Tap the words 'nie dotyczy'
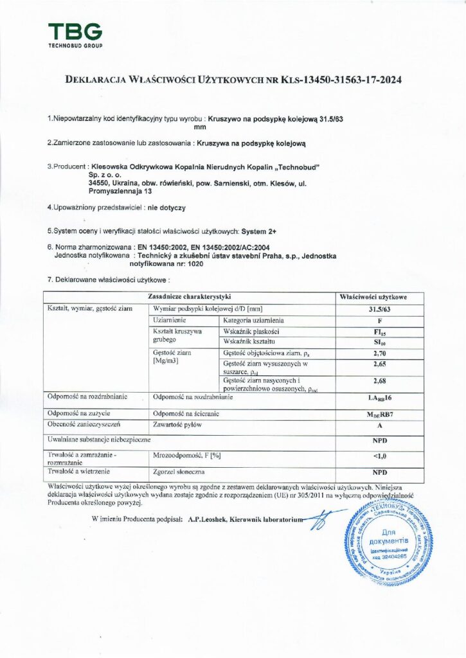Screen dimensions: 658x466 coord(166,208)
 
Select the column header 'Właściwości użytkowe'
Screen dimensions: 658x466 coord(382,297)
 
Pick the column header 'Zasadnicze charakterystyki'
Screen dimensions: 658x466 coord(189,297)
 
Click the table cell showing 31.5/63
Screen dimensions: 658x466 coord(382,308)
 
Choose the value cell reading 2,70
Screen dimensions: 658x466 coord(382,353)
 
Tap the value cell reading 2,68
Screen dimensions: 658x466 coord(382,384)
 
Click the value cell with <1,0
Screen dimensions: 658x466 coord(382,457)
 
